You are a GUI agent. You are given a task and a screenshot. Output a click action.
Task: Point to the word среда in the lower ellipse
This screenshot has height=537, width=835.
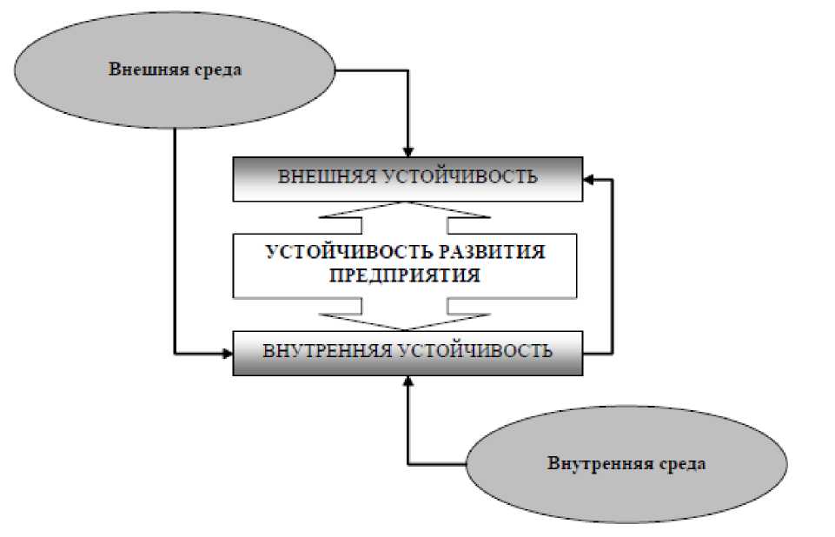[682, 463]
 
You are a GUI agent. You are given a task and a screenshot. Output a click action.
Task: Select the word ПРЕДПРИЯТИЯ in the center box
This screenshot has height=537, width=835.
[406, 275]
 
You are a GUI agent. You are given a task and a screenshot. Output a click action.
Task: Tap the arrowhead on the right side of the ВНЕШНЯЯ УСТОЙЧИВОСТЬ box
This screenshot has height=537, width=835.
[588, 179]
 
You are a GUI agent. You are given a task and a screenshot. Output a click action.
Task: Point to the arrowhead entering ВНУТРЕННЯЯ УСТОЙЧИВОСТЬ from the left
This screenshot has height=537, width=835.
[227, 353]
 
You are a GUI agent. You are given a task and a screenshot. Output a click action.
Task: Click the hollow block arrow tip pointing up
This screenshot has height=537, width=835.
[407, 206]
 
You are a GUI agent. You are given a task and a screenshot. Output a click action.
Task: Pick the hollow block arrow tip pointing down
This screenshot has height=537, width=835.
[407, 326]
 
